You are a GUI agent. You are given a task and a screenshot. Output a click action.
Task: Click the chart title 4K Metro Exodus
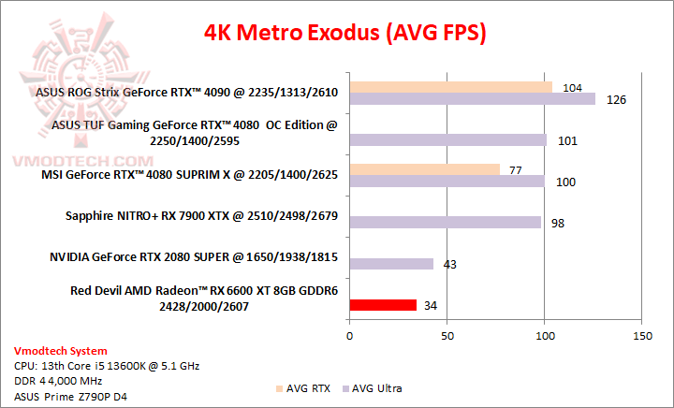click(x=345, y=34)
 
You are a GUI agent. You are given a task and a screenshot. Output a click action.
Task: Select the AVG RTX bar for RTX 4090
click(x=450, y=87)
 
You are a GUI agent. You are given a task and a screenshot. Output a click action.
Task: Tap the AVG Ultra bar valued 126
click(x=472, y=99)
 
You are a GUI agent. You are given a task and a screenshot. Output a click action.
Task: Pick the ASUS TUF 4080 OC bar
click(x=447, y=140)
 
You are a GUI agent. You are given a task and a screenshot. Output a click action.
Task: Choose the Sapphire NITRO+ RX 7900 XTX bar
click(x=445, y=223)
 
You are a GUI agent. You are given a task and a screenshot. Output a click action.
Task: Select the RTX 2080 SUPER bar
click(x=391, y=264)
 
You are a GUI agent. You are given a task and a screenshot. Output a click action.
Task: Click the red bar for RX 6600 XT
click(x=382, y=305)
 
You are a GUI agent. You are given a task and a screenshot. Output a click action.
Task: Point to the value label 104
click(x=574, y=87)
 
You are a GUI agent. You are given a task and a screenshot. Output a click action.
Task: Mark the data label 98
click(x=558, y=223)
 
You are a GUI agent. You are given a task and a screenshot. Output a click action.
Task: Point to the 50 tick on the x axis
click(x=447, y=336)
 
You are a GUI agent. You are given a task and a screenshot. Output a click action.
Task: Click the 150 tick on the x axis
click(x=642, y=336)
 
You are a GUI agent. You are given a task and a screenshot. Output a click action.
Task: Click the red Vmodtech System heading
click(x=55, y=351)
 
